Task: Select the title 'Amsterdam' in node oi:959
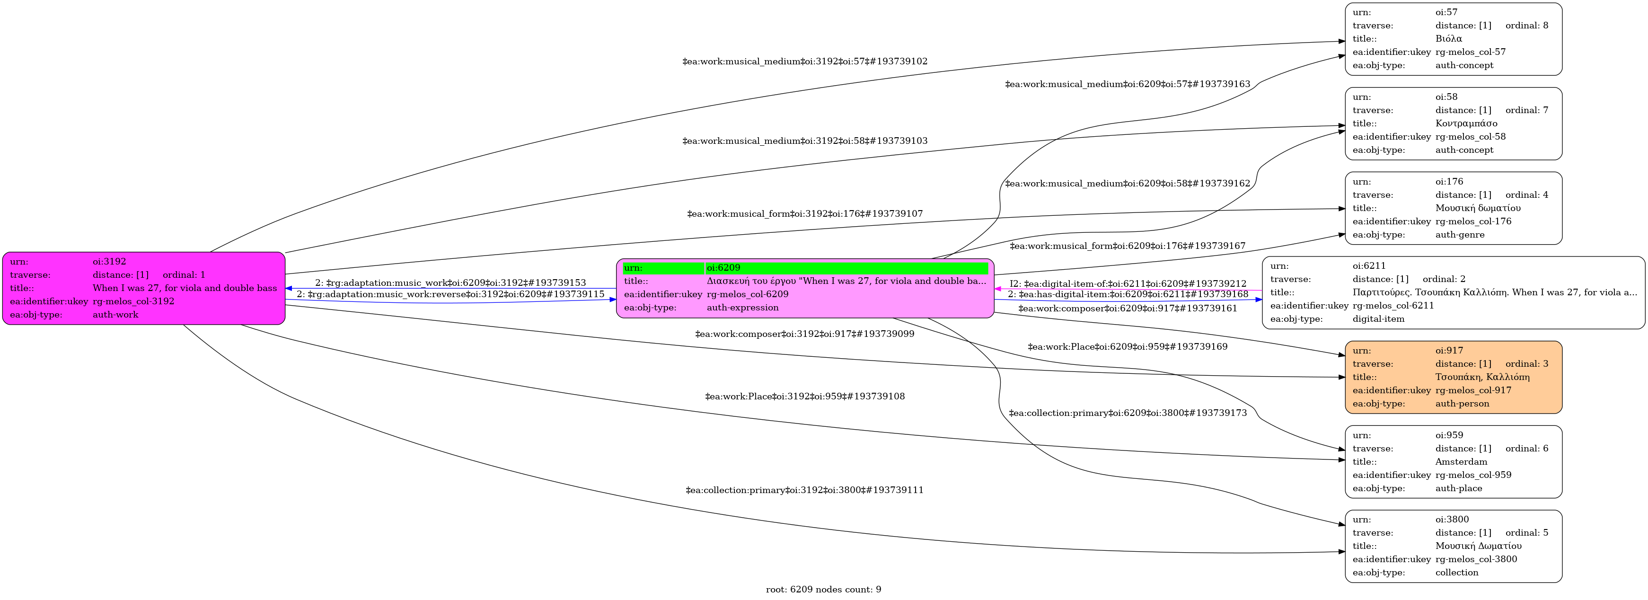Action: coord(1461,462)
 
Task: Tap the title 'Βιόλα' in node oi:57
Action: coord(1448,39)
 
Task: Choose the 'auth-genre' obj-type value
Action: coord(1460,235)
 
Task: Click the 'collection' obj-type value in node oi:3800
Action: coord(1457,573)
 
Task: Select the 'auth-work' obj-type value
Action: coord(115,315)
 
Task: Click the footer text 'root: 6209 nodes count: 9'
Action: coord(823,589)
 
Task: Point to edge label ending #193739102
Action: coord(805,62)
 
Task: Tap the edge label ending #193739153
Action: coord(450,283)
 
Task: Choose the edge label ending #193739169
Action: coord(1127,347)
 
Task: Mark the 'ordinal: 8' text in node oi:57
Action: coord(1526,26)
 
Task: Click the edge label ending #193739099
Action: coord(804,334)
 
